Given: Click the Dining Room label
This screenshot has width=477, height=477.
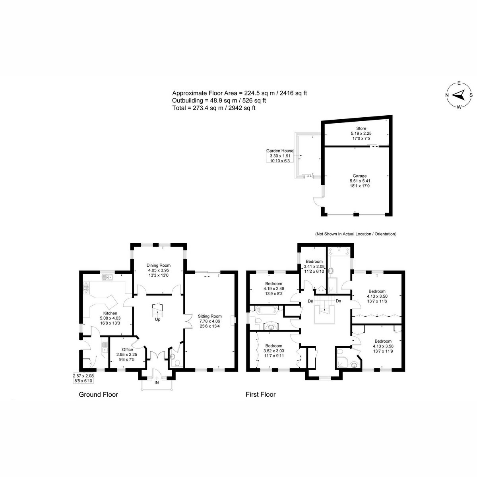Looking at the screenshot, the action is (159, 266).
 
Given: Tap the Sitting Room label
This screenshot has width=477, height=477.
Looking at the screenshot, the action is (209, 316).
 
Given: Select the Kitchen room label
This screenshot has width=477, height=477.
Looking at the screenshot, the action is (110, 313).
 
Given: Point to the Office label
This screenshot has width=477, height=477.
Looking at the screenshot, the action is (128, 349).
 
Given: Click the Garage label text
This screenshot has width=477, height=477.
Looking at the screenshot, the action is (360, 176).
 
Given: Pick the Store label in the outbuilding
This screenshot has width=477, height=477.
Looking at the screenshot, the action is (361, 128).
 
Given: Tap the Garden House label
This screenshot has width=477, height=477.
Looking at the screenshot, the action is (280, 151).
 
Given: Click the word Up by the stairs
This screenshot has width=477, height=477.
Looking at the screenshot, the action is (158, 319).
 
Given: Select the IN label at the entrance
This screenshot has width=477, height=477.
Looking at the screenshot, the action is (157, 383).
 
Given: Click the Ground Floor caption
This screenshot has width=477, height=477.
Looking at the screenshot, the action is (98, 395).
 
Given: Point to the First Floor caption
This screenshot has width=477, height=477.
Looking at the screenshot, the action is (260, 395).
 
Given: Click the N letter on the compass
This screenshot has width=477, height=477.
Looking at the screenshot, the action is (447, 95).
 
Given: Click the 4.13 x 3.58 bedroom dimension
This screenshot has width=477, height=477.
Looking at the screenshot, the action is (383, 346).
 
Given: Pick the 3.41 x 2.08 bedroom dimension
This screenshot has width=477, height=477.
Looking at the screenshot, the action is (314, 266).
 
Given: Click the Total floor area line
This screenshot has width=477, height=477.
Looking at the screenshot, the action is (214, 108).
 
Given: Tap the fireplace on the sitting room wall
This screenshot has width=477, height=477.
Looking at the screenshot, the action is (233, 320).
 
